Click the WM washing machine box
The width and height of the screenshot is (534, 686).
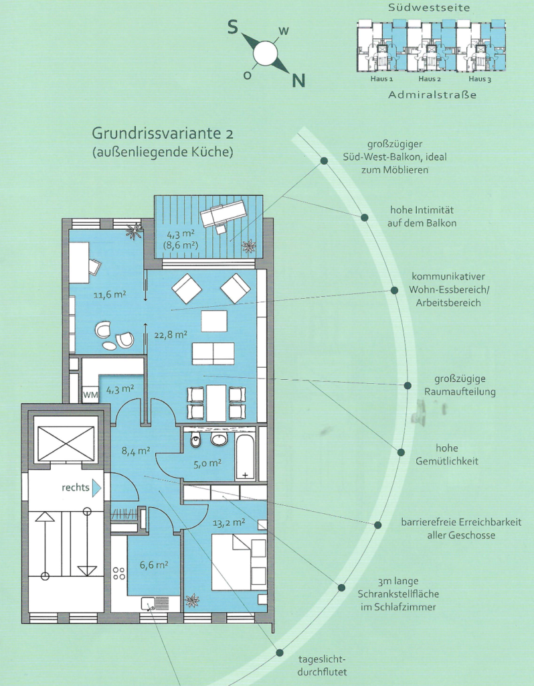(x=90, y=395)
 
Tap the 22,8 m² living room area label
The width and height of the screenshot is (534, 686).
(x=171, y=335)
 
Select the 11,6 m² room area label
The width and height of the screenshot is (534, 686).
(x=110, y=295)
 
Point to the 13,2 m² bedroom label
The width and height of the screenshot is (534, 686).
(x=229, y=522)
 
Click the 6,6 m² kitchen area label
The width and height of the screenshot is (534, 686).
(x=154, y=565)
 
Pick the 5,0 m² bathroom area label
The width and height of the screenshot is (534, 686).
(x=207, y=464)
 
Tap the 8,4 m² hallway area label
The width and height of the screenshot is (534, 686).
(x=136, y=450)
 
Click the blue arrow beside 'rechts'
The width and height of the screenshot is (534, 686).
(x=96, y=488)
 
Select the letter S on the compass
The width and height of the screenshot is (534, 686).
(x=233, y=27)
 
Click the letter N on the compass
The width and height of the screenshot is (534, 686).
(x=298, y=80)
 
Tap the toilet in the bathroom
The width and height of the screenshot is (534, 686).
(x=196, y=441)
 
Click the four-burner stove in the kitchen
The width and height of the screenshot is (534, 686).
(x=119, y=573)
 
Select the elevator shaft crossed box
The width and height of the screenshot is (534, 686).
(x=66, y=443)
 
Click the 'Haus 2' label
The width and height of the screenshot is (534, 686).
(x=430, y=79)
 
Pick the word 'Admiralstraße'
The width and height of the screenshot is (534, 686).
(x=432, y=95)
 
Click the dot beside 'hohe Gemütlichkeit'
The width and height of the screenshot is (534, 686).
(x=401, y=452)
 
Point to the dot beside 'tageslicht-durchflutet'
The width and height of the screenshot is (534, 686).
(x=279, y=653)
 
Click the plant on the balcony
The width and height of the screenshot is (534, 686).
(x=249, y=245)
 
